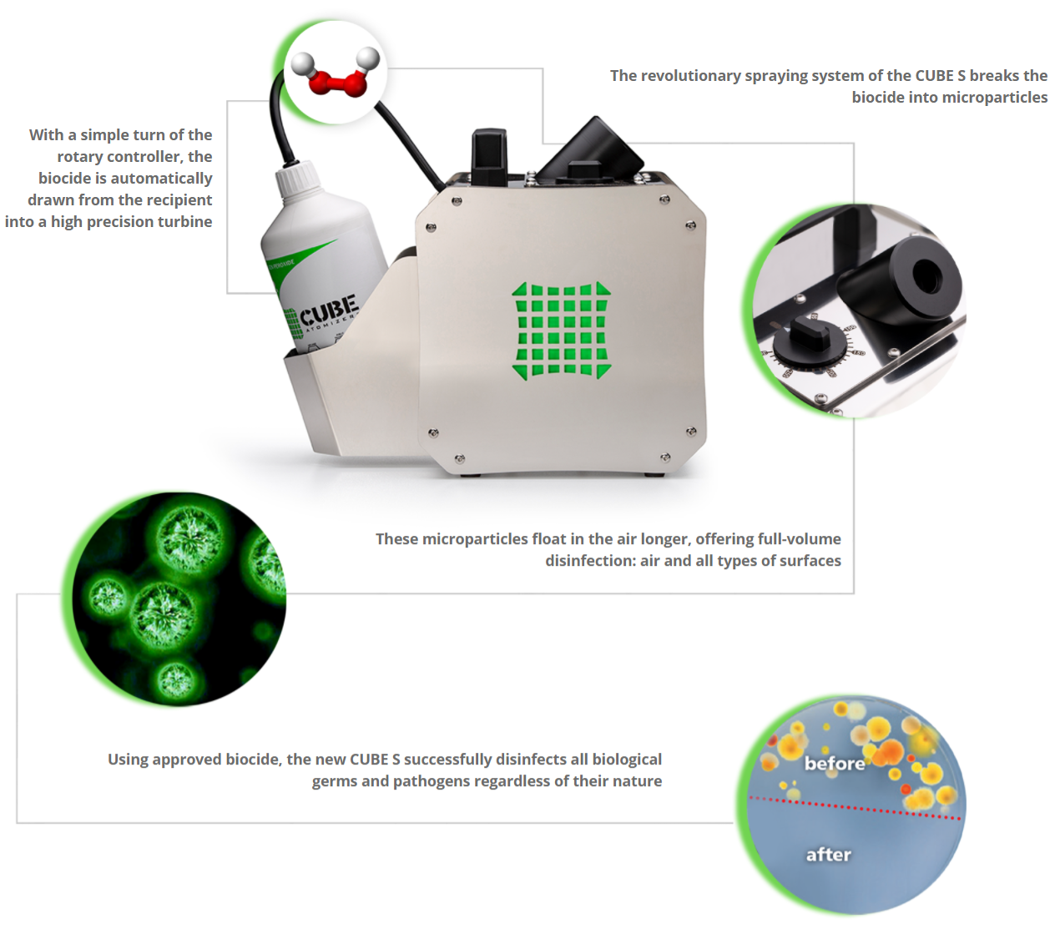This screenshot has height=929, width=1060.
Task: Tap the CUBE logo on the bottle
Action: [329, 311]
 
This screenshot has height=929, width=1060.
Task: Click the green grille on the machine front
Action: [561, 331]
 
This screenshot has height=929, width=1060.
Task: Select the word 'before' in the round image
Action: [834, 763]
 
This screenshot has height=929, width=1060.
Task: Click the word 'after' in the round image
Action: [828, 854]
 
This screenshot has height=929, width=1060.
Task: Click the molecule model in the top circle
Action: [336, 73]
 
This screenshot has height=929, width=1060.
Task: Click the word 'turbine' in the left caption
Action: [184, 222]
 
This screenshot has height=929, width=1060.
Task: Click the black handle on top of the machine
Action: [489, 154]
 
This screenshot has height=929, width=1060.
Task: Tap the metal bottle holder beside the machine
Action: [334, 401]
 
